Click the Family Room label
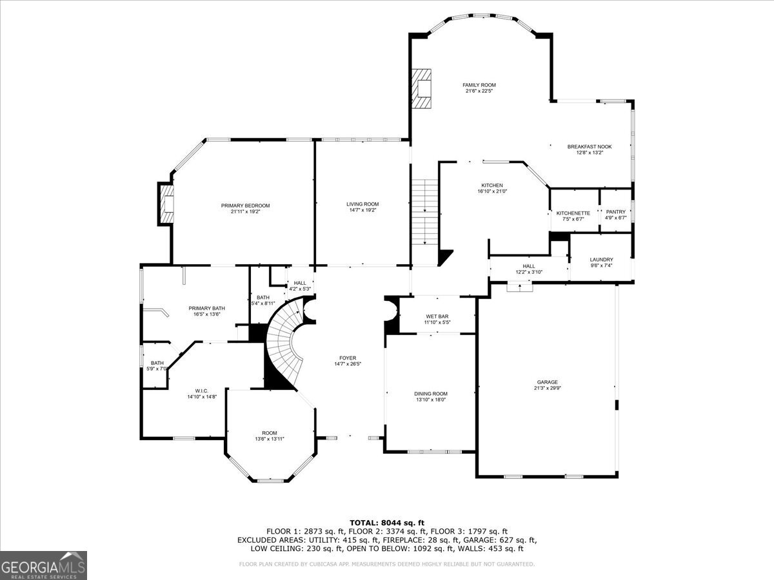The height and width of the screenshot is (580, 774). coord(479,85)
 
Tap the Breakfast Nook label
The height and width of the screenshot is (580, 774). coord(589,147)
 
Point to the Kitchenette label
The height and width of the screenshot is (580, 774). coord(573,213)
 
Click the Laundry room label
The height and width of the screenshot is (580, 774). coord(601,260)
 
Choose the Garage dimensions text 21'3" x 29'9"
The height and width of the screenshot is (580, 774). coord(546,389)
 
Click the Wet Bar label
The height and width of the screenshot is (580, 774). coord(437,316)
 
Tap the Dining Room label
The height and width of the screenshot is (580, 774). coord(430,394)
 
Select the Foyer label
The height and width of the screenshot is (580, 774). coord(348,358)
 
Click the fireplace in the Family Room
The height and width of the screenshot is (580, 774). coord(422,89)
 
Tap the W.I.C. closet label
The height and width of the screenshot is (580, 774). coord(201,391)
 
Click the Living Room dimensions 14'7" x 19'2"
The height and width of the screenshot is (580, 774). coord(362,210)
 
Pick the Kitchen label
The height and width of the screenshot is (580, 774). coord(491,186)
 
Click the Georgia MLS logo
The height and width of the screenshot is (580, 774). coord(43,565)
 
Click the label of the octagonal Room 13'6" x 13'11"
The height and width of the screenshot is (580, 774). coord(269,433)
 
